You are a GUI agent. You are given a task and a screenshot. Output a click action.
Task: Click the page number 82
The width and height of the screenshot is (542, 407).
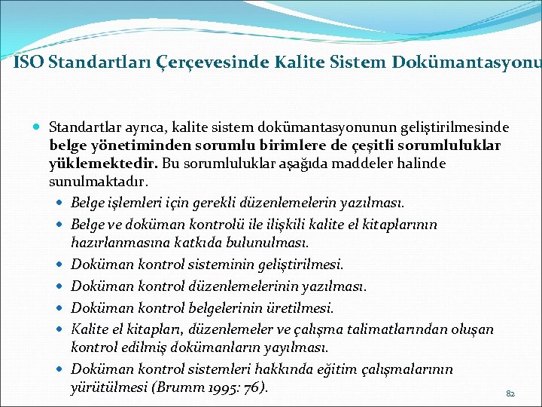tap(510, 393)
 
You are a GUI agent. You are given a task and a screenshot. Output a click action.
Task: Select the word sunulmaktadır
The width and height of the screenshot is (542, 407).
tap(99, 182)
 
